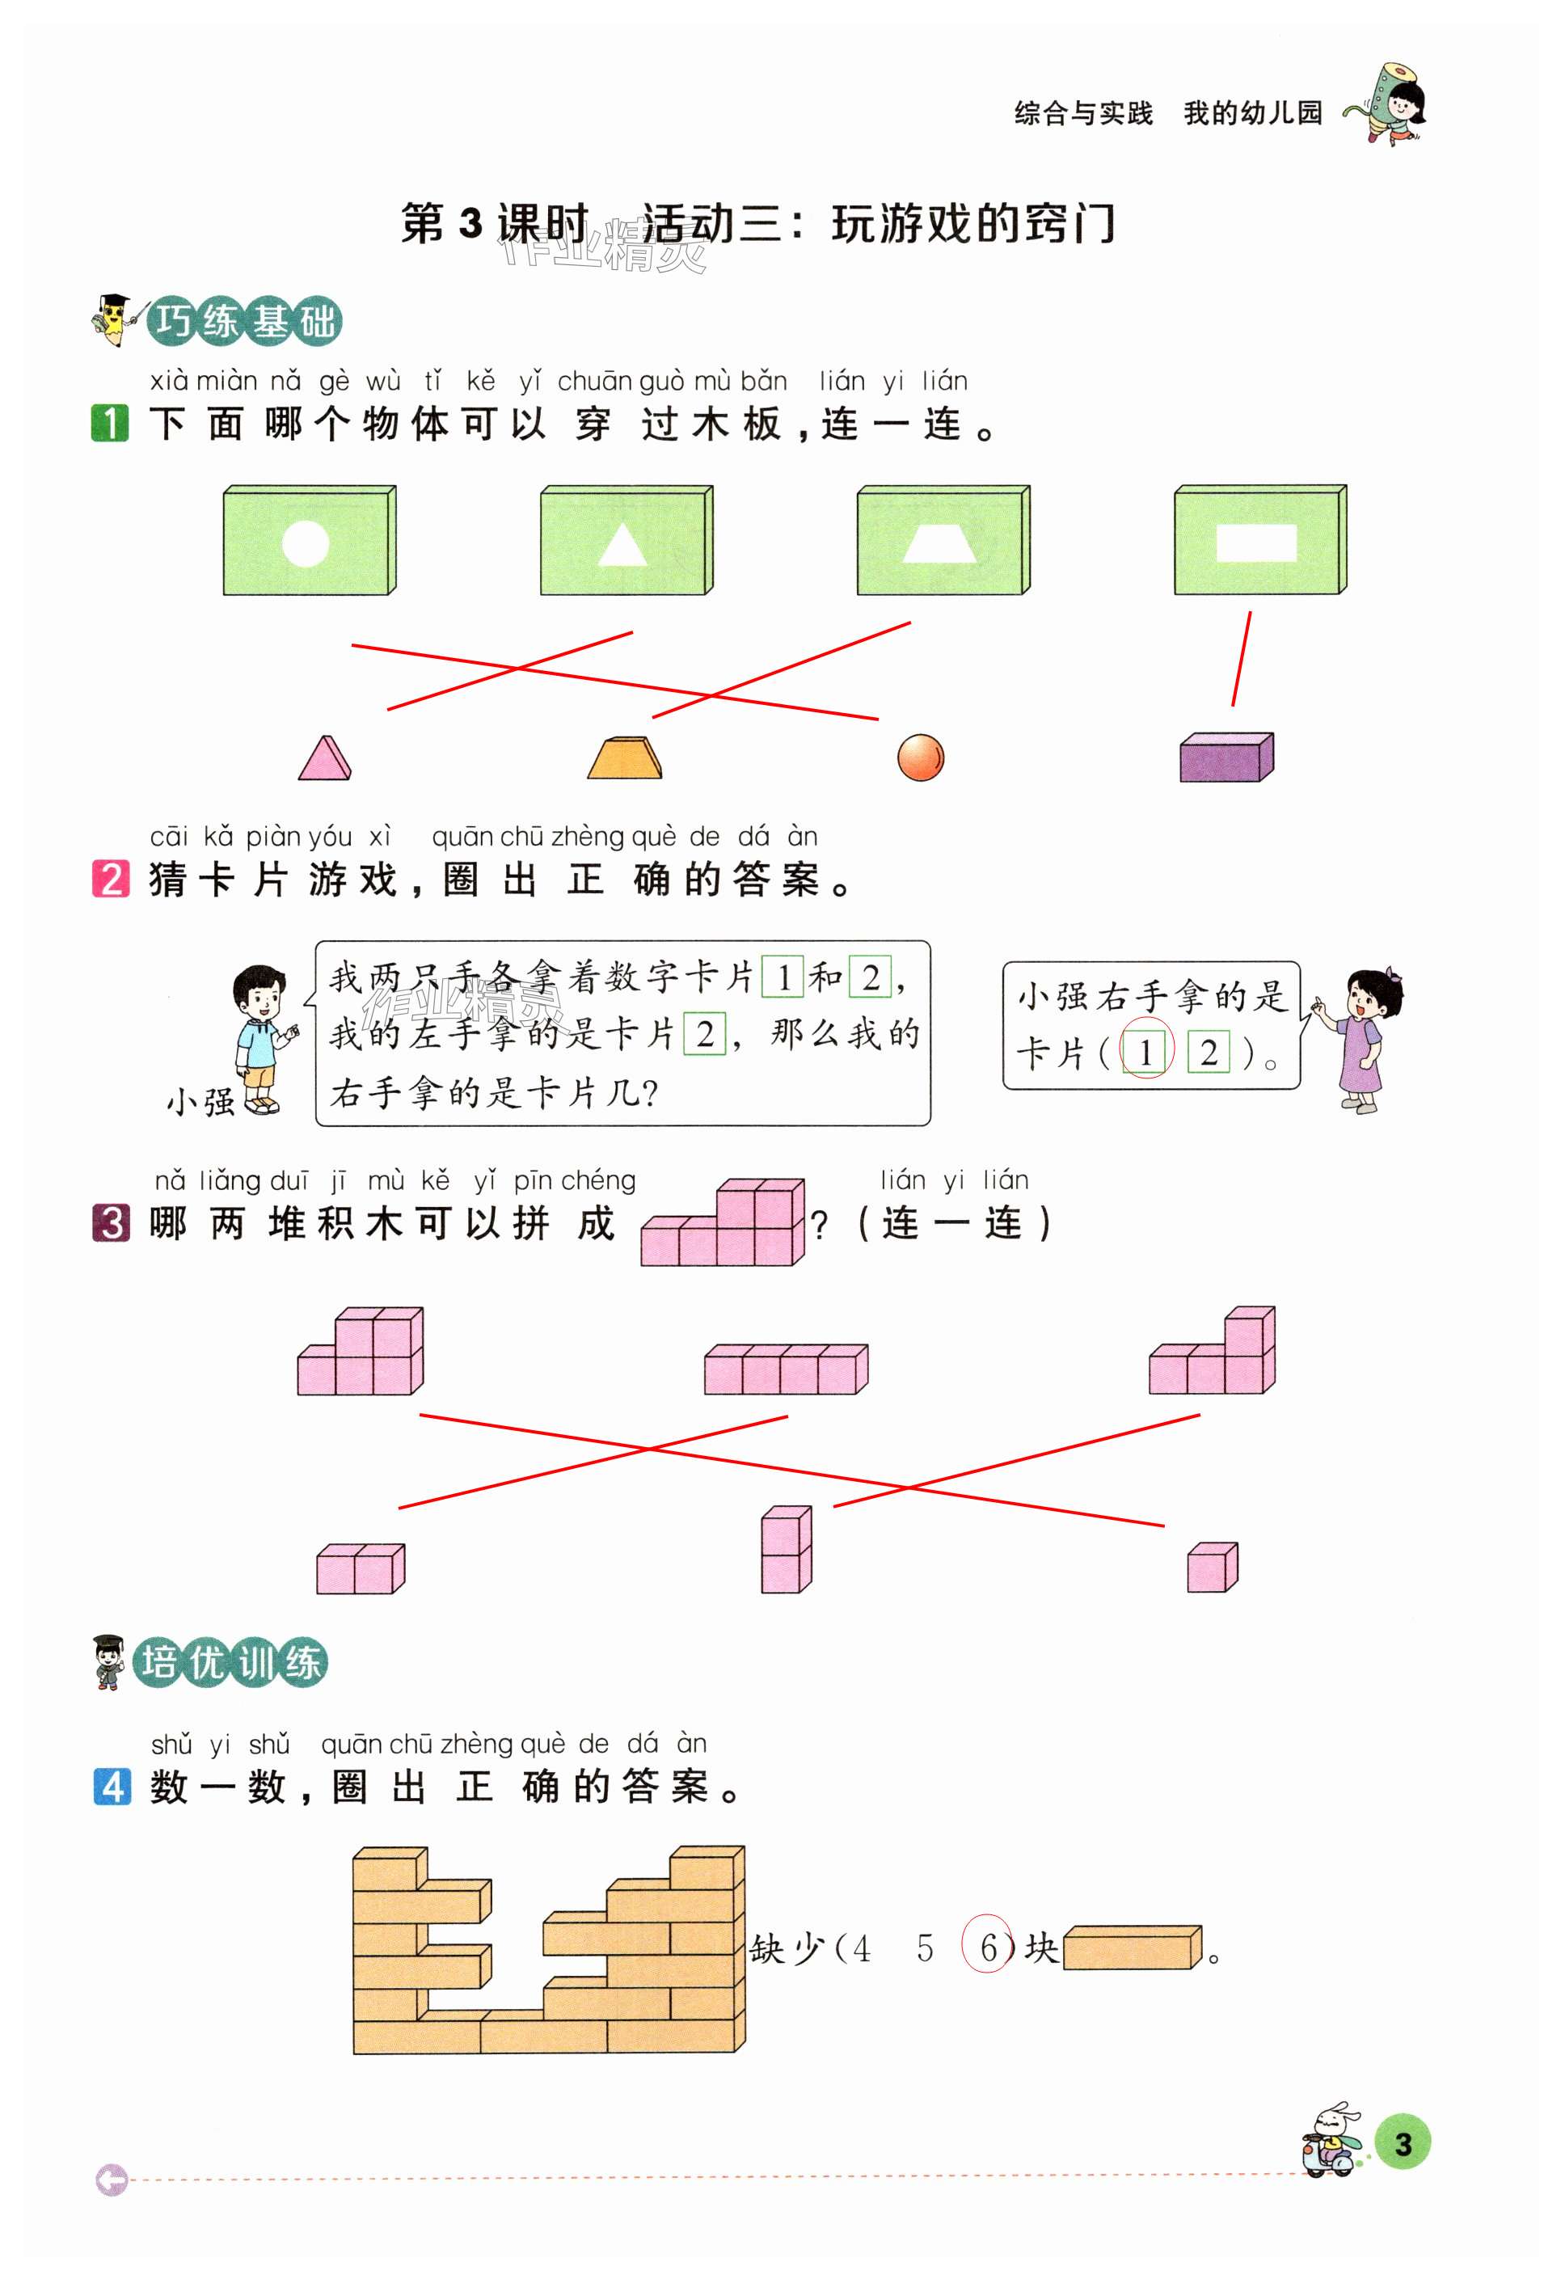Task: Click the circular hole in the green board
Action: (305, 543)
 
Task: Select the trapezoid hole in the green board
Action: (939, 542)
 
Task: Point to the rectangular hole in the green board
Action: (1255, 542)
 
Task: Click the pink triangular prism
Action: (324, 759)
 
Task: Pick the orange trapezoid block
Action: (625, 758)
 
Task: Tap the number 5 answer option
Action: (925, 1948)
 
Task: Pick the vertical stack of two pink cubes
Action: (787, 1550)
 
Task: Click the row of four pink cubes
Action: (786, 1369)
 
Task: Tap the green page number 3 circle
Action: (1403, 2144)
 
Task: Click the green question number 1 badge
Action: (110, 424)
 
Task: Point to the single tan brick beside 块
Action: (1133, 1947)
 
